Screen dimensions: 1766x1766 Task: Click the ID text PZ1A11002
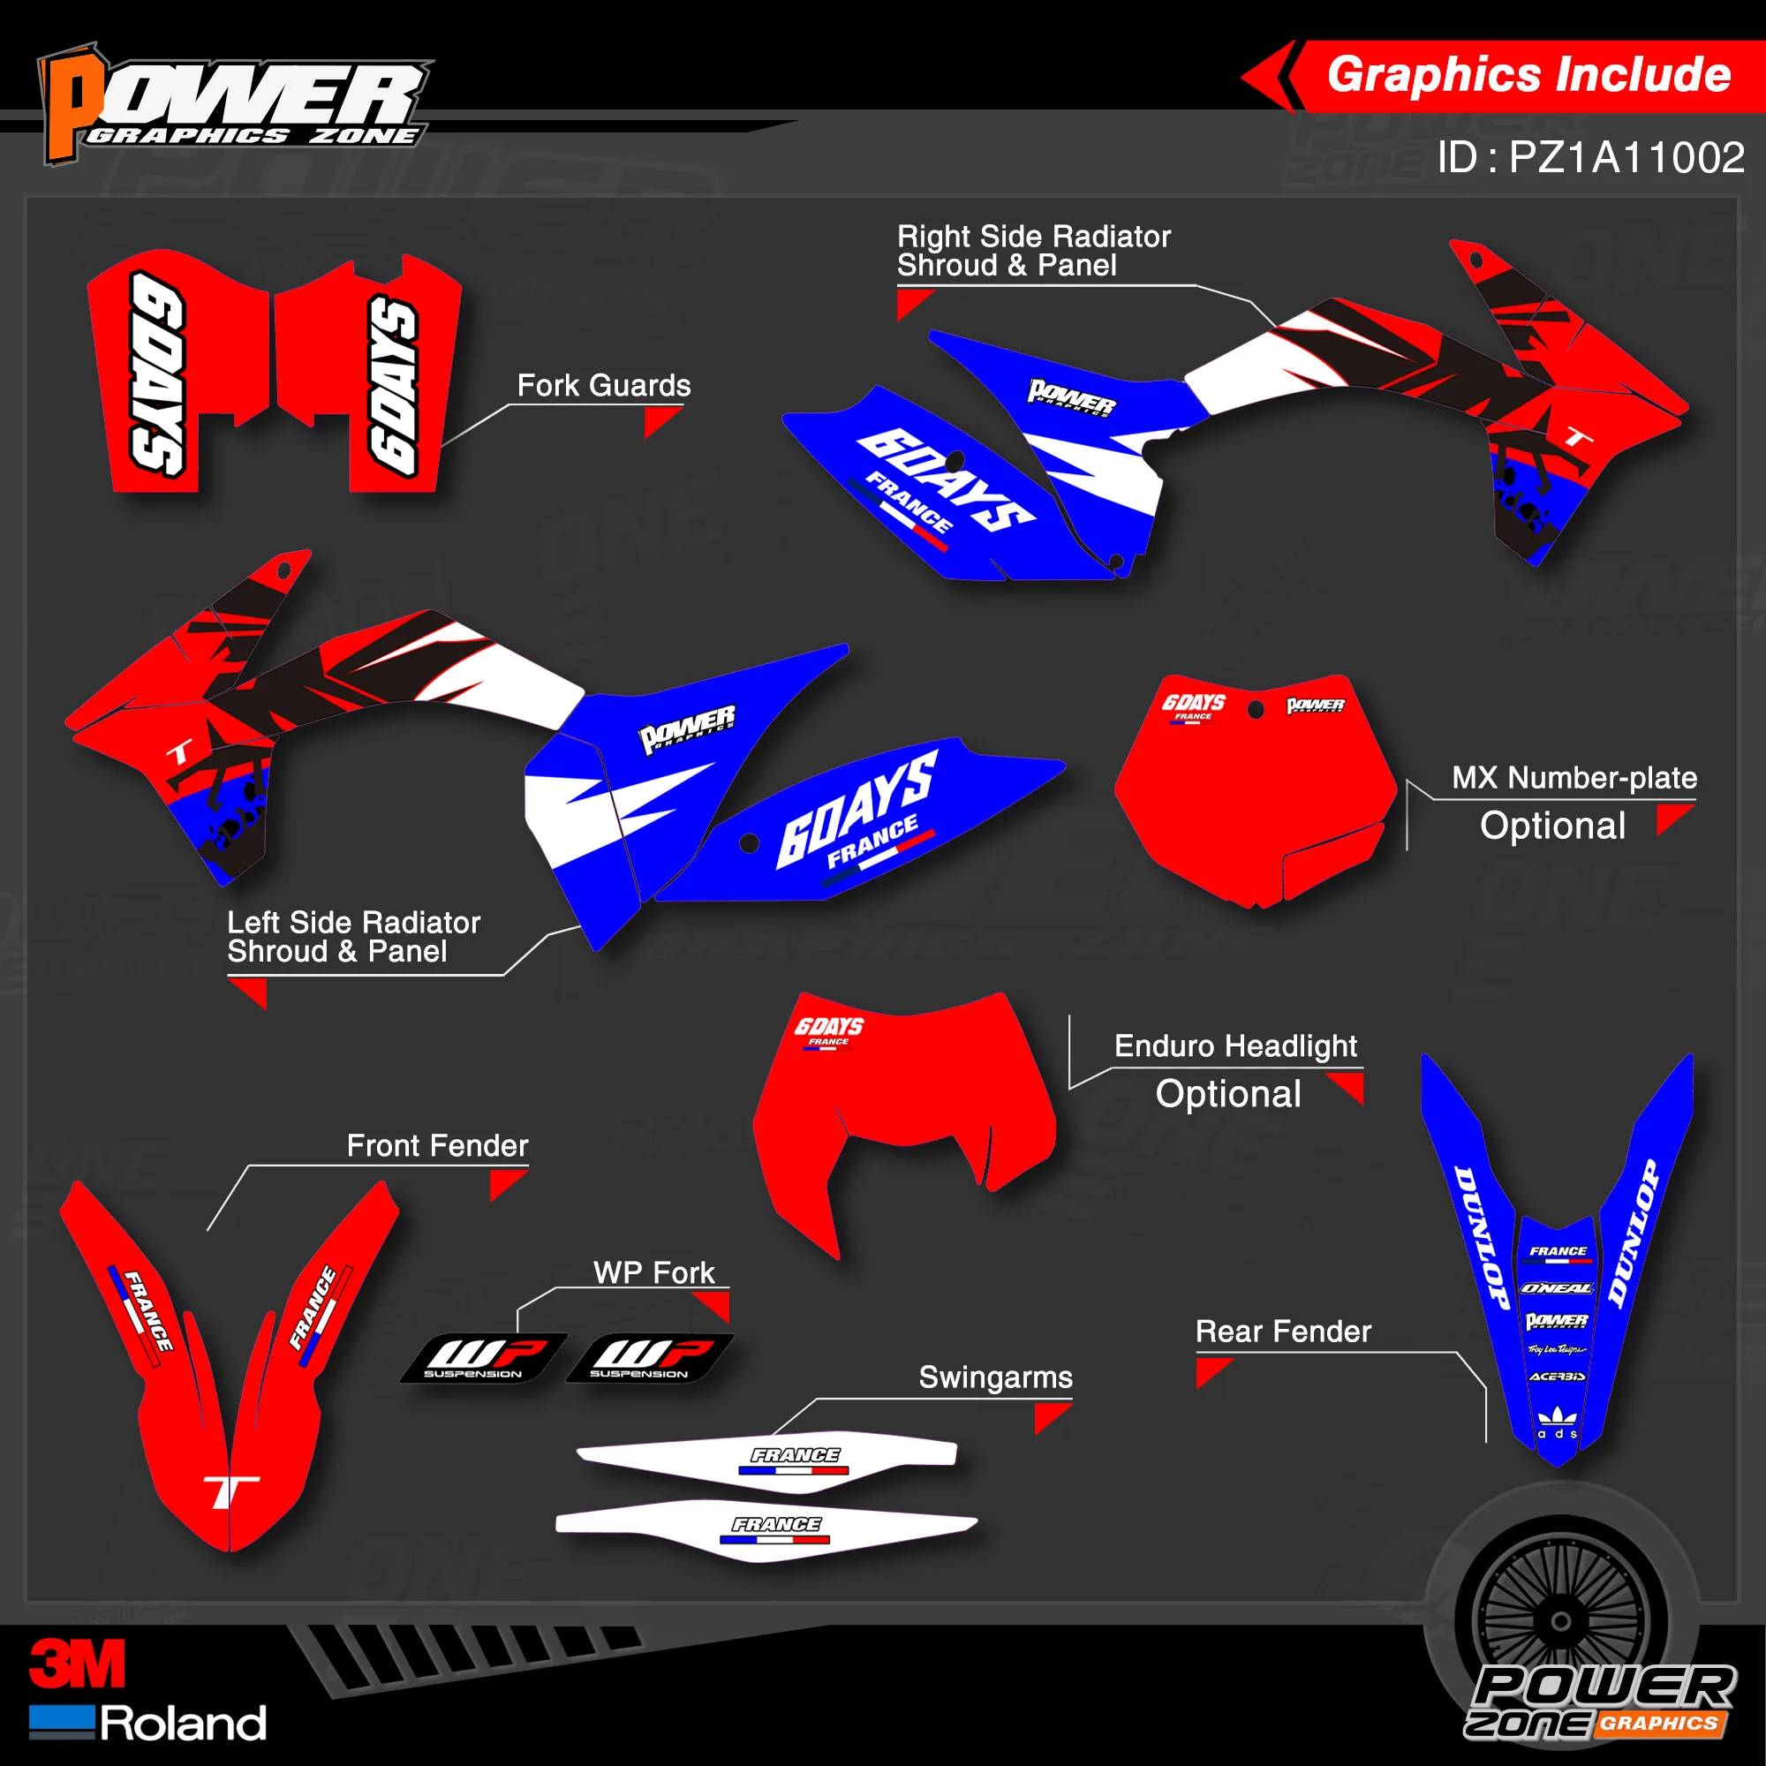[x=1590, y=157]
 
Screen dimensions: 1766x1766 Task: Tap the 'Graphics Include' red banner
[x=1527, y=75]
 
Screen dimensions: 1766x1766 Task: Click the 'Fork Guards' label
[x=603, y=386]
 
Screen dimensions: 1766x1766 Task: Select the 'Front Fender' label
[x=437, y=1145]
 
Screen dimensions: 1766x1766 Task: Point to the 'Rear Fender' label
[x=1282, y=1332]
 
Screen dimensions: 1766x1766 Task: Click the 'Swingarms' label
[x=995, y=1377]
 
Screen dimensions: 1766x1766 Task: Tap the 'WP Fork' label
[x=653, y=1272]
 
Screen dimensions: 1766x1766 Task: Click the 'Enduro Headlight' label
[x=1235, y=1045]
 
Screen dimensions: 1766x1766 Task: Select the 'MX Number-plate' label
[x=1574, y=778]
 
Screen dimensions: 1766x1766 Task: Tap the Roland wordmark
[x=183, y=1724]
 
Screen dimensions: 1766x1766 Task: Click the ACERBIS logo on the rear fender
[x=1557, y=1377]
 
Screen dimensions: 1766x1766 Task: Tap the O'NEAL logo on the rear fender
[x=1557, y=1288]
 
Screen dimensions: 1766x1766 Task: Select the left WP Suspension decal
[x=483, y=1357]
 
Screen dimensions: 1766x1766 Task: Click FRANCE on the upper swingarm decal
[x=796, y=1455]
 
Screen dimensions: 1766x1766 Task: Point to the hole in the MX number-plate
[x=1256, y=708]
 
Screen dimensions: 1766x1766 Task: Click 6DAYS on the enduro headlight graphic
[x=828, y=1027]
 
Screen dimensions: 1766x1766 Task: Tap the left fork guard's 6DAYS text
[x=157, y=374]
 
